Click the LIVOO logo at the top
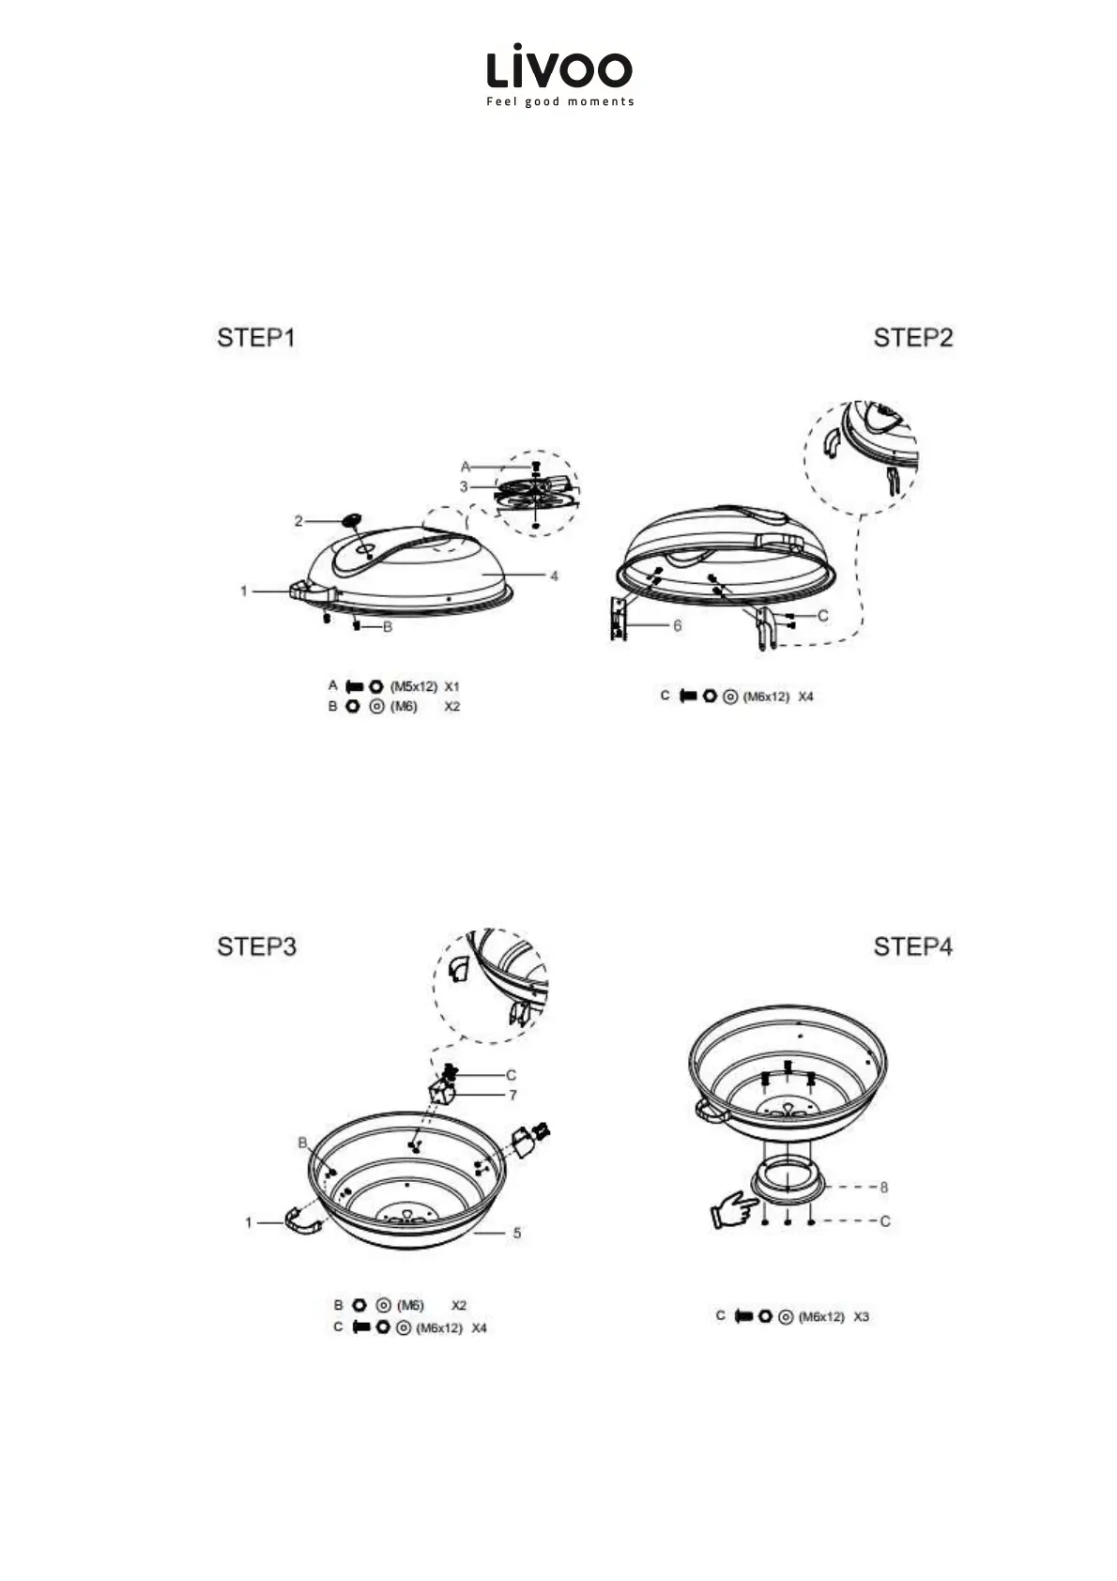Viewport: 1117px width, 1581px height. (x=558, y=69)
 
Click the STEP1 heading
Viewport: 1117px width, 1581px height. (x=255, y=338)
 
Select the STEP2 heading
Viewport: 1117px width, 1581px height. (x=912, y=338)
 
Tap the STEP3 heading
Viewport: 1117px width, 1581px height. (x=256, y=946)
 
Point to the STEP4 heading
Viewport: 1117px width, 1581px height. (x=912, y=946)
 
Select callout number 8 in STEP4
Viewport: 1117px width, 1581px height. (x=883, y=1188)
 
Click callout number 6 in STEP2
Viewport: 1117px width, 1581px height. (x=677, y=625)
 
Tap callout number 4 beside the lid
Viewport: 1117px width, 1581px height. (x=554, y=576)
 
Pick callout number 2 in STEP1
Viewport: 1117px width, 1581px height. (x=298, y=521)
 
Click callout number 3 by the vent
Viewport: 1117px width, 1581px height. (x=464, y=487)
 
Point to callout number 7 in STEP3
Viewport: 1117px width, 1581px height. (x=513, y=1095)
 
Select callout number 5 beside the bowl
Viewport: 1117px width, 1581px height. (x=517, y=1233)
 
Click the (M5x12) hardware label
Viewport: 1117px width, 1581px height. (x=414, y=686)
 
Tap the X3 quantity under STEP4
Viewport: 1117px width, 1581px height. (x=861, y=1316)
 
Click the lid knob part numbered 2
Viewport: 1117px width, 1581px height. (x=352, y=519)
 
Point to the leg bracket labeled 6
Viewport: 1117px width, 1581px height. (x=618, y=619)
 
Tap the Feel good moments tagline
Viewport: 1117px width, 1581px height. (x=559, y=101)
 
